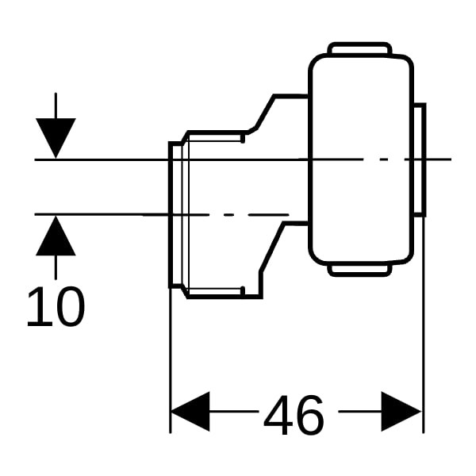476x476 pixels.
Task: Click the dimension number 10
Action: pos(56,307)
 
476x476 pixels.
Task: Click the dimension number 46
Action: pos(294,415)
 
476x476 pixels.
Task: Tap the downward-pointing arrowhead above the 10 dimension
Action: pos(56,138)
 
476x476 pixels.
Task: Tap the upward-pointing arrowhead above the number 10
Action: pos(56,236)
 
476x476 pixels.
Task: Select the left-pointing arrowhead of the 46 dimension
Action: pos(190,412)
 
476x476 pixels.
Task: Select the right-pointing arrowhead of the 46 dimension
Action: pos(401,412)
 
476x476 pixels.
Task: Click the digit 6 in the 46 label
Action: pos(309,415)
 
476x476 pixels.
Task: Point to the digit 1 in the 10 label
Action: pos(39,307)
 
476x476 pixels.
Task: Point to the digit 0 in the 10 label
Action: pos(71,307)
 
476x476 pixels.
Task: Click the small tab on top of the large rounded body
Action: pos(359,48)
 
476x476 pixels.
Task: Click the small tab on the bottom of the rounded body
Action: pos(359,270)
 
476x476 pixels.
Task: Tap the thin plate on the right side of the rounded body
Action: pos(420,160)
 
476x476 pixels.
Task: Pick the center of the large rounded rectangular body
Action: pos(361,159)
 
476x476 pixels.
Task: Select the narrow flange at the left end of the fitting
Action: pos(175,215)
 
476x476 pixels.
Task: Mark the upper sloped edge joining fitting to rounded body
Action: pos(265,113)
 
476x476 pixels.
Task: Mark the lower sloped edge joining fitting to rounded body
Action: pos(271,248)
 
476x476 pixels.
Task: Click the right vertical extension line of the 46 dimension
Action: pos(424,324)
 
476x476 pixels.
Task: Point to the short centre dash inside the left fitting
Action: pos(228,215)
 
